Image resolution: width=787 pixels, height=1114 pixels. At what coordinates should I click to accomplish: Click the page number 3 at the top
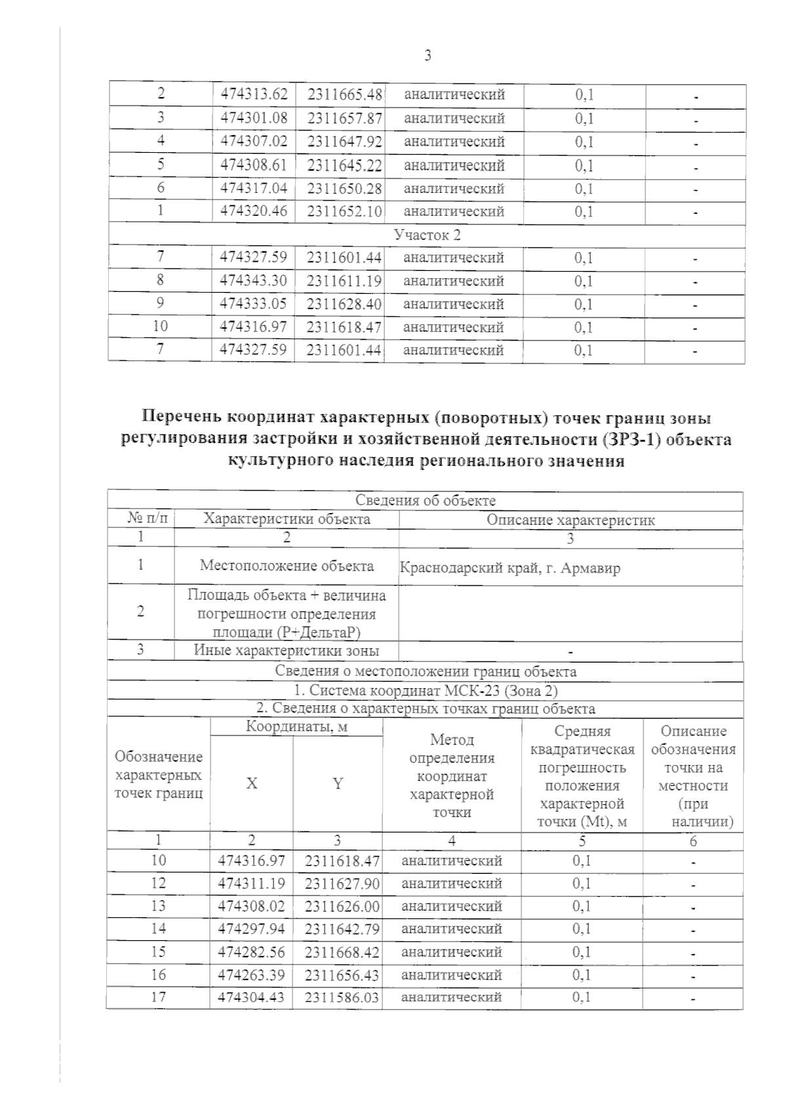(428, 56)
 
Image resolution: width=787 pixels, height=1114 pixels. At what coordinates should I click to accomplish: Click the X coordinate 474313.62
(254, 94)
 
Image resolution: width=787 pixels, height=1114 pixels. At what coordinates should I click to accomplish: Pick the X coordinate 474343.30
(254, 281)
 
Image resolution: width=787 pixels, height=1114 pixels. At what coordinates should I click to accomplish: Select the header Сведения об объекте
(425, 501)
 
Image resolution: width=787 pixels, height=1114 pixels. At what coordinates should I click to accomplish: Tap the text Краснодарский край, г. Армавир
(510, 568)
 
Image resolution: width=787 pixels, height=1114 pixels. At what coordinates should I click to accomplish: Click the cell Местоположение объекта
(287, 566)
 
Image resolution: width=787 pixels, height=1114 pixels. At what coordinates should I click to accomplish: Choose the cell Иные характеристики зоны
(287, 651)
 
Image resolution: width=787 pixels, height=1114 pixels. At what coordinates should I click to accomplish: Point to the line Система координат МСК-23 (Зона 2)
(425, 690)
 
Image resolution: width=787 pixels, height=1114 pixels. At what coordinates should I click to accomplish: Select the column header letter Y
(338, 783)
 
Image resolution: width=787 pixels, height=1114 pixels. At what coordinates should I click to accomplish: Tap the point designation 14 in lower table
(158, 928)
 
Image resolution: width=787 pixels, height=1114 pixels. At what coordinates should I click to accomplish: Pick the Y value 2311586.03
(342, 997)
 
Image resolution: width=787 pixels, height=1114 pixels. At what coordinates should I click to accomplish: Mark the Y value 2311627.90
(342, 884)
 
